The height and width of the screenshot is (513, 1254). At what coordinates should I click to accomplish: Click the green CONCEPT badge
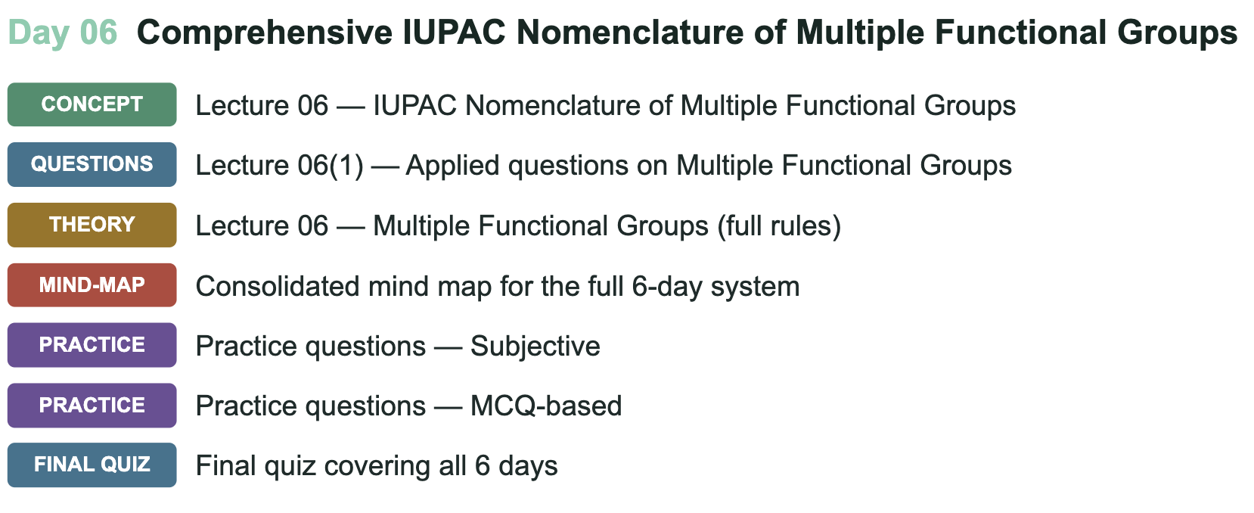92,104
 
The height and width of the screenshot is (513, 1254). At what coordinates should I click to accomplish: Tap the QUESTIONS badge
92,165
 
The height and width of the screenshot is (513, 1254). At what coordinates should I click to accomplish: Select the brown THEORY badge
92,225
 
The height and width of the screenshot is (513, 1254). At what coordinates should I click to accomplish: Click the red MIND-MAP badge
92,285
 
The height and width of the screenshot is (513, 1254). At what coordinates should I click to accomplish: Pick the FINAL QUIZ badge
92,465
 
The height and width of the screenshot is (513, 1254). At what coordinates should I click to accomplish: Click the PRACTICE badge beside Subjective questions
92,345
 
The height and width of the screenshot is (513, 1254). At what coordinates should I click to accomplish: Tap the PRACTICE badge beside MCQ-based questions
92,406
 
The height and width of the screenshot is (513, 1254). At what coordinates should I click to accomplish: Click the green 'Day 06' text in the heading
63,33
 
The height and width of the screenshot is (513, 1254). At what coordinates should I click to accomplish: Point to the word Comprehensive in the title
265,33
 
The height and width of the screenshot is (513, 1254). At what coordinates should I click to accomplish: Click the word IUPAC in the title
455,33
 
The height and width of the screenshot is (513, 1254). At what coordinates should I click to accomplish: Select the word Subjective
535,347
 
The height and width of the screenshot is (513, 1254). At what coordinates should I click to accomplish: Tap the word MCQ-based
546,406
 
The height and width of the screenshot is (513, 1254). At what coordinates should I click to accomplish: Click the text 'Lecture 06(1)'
279,166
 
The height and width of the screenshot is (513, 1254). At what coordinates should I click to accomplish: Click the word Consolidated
278,286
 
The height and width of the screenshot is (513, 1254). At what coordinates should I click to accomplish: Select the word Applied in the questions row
452,166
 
